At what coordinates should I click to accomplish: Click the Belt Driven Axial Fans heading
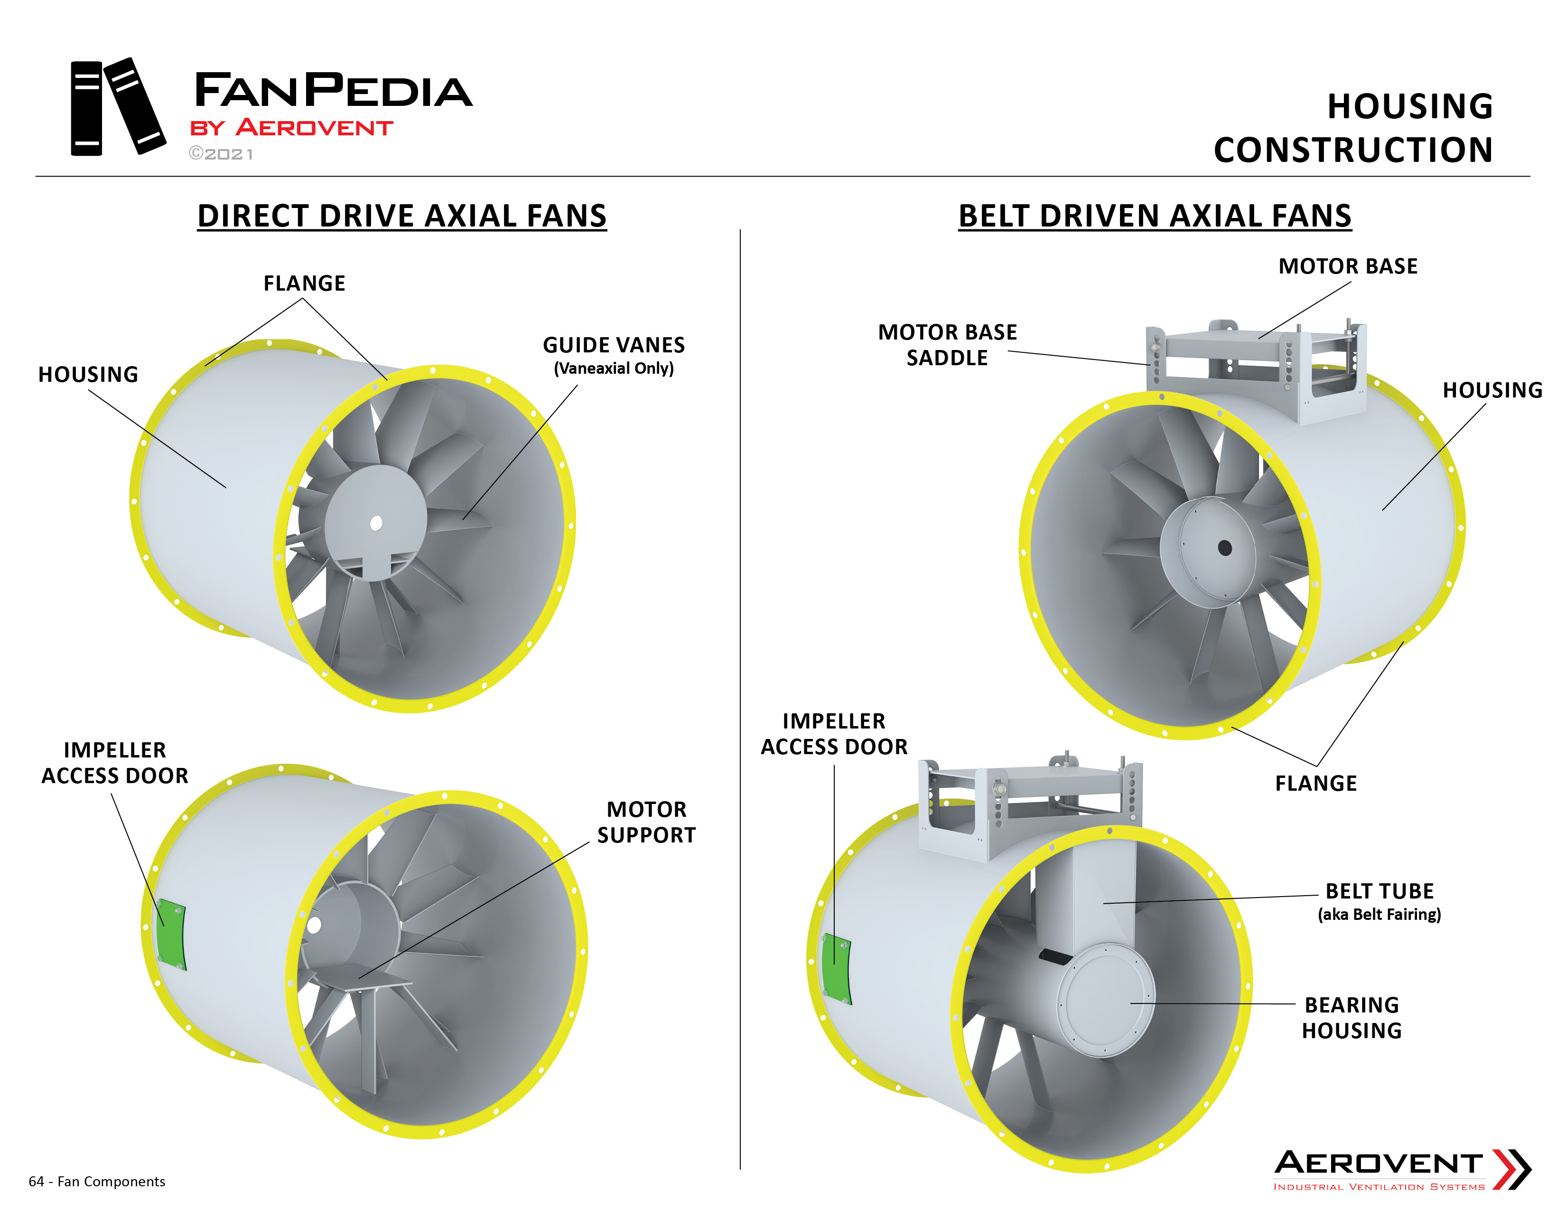[1155, 216]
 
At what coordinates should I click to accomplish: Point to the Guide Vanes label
[614, 345]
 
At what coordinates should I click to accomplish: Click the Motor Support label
[646, 822]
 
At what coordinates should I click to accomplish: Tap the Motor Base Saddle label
[947, 345]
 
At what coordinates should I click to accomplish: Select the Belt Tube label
[1379, 891]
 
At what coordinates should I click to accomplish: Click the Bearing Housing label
[1352, 1017]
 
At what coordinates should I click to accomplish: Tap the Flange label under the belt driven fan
[1316, 784]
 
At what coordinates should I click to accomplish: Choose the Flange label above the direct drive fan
[304, 284]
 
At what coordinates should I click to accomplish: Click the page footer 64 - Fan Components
[97, 1182]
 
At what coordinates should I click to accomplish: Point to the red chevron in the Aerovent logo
[1511, 1169]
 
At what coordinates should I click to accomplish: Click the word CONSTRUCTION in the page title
[1353, 150]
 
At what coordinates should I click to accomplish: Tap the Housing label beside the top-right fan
[1492, 390]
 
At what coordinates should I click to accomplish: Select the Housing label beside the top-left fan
[88, 375]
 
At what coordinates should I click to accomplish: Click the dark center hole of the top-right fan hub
[1225, 548]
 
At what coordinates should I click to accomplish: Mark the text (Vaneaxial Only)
[614, 369]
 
